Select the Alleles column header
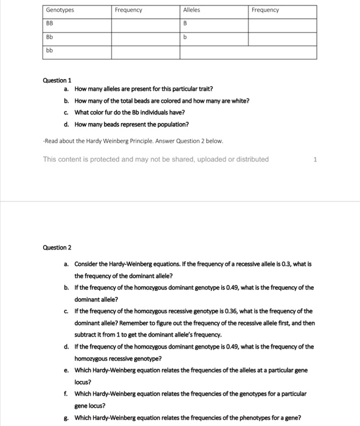192,10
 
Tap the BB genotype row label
49,24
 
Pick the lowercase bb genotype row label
49,51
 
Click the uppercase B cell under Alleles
185,24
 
